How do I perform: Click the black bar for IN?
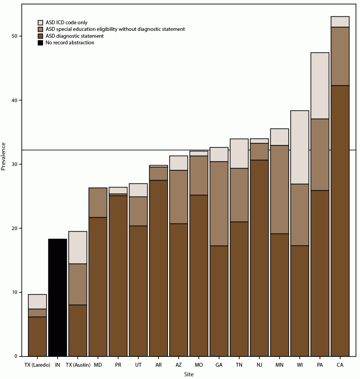[x=57, y=297]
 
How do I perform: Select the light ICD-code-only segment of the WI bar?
[x=300, y=147]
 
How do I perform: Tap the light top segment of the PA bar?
[x=320, y=86]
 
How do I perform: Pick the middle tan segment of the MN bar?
[x=279, y=190]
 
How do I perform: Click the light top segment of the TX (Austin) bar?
[x=77, y=248]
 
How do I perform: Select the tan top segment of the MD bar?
[x=98, y=202]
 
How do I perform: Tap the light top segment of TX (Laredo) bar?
[x=37, y=302]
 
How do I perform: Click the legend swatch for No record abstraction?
[x=40, y=43]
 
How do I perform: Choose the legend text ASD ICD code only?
[x=67, y=22]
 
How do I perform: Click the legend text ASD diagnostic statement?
[x=74, y=36]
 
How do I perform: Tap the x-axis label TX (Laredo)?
[x=37, y=365]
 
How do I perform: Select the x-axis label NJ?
[x=259, y=365]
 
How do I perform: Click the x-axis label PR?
[x=118, y=365]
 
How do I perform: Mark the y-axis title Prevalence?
[x=4, y=156]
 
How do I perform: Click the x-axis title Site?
[x=189, y=374]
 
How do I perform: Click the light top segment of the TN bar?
[x=239, y=154]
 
